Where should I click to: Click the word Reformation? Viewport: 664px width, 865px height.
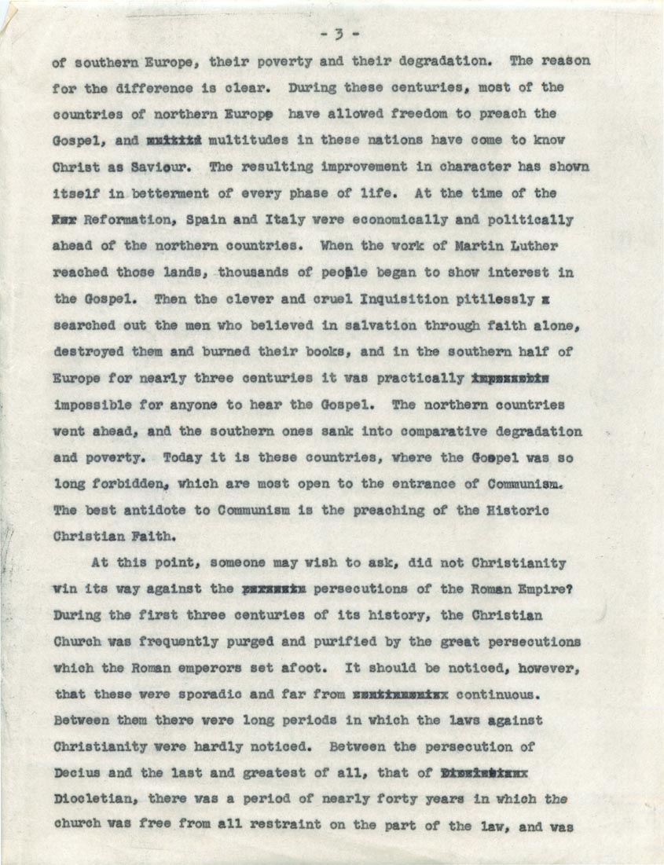pyautogui.click(x=119, y=220)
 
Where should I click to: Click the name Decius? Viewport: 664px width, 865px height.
pyautogui.click(x=77, y=774)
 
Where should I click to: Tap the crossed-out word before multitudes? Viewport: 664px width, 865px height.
pyautogui.click(x=174, y=141)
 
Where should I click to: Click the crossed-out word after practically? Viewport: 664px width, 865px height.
pyautogui.click(x=511, y=379)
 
